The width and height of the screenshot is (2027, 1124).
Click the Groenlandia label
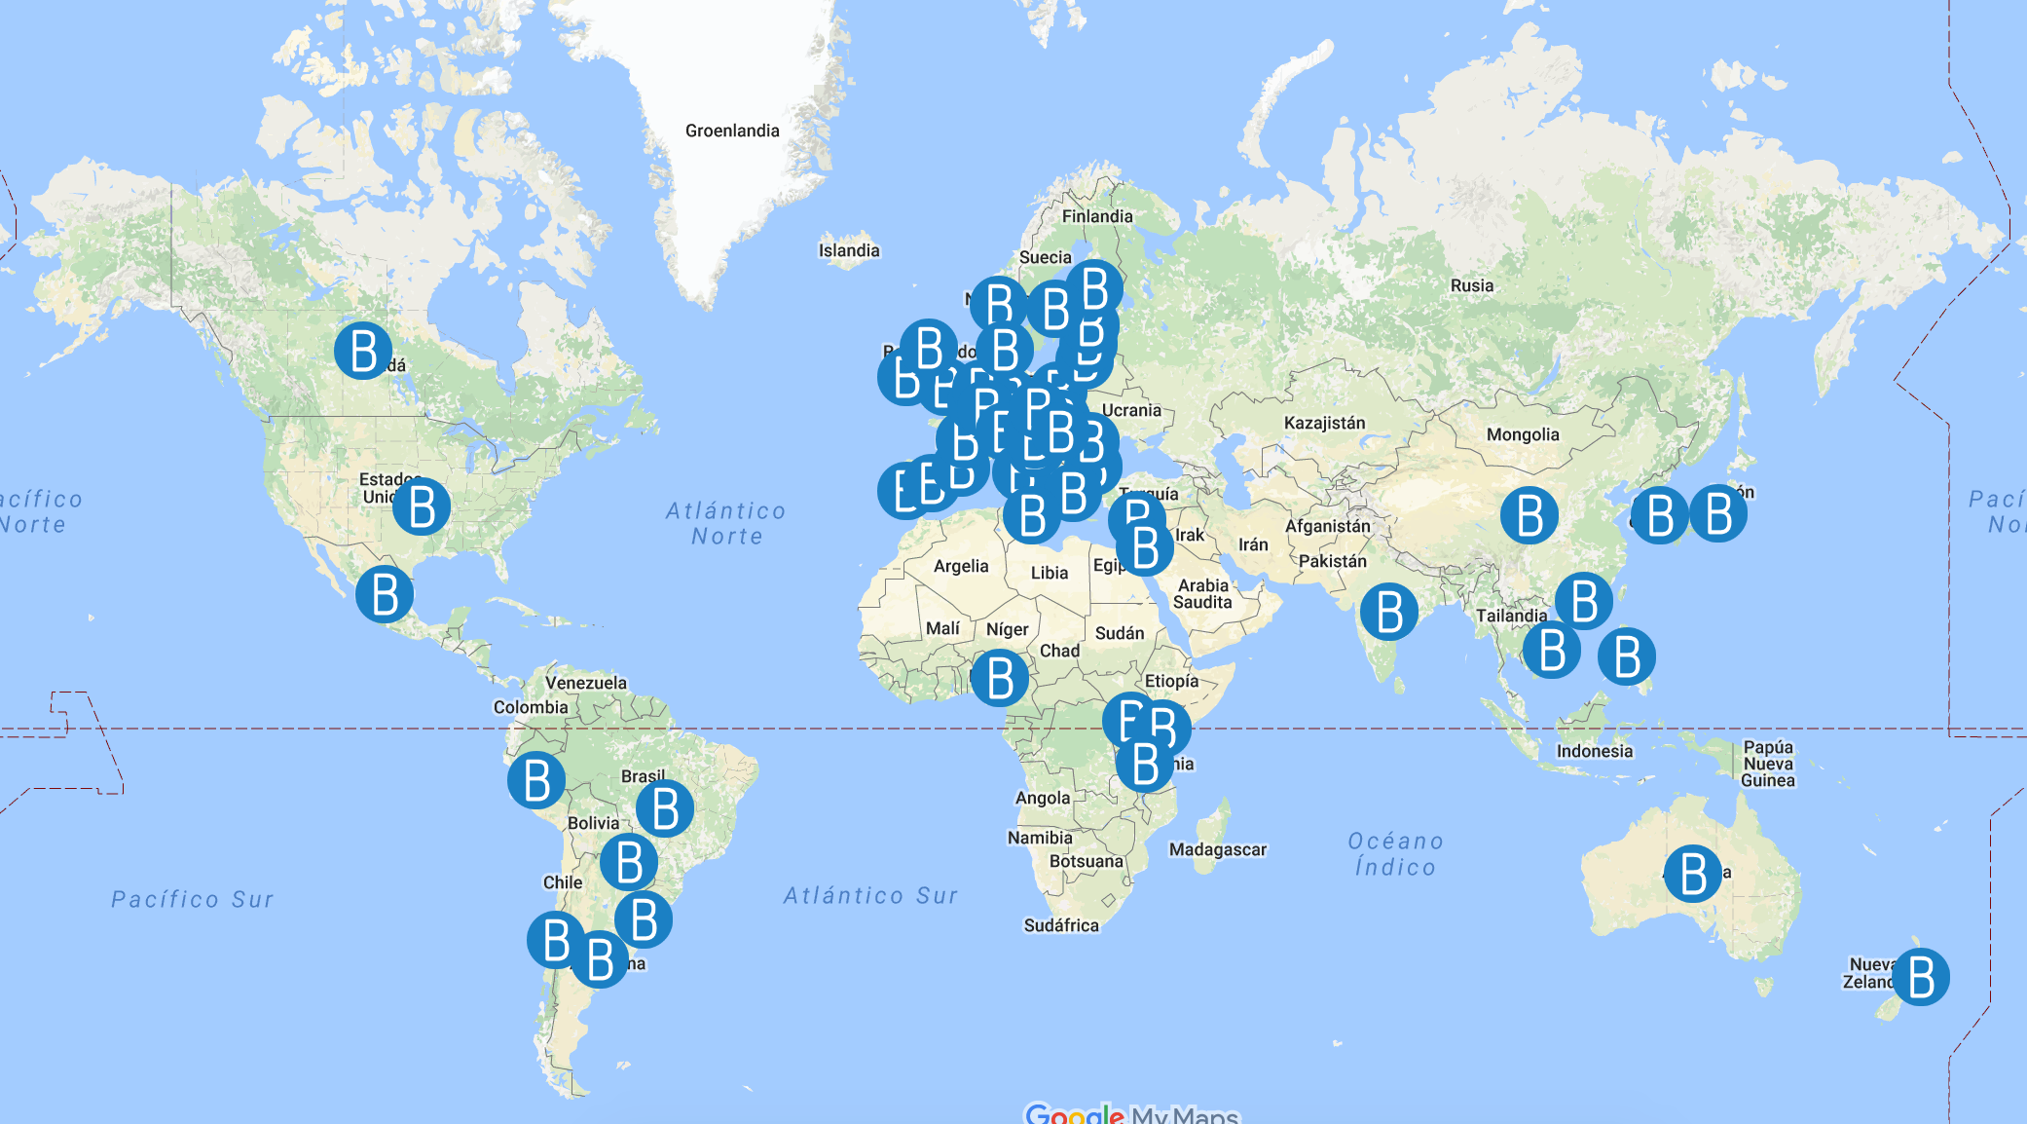tap(732, 131)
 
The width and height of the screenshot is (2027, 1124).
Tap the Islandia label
tap(849, 250)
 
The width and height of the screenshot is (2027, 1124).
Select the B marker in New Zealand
tap(1921, 977)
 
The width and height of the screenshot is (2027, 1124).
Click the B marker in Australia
tap(1693, 873)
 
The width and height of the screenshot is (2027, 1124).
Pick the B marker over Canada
tap(363, 351)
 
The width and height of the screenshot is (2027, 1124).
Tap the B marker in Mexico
tap(385, 594)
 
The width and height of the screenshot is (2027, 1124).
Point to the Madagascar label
tap(1218, 849)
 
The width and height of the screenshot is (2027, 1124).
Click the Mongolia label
tap(1523, 434)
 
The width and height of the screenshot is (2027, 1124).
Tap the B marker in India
tap(1389, 612)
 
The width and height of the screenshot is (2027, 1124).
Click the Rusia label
tap(1472, 285)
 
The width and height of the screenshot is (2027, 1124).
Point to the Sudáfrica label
tap(1061, 925)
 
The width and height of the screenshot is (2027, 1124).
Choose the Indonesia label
tap(1595, 751)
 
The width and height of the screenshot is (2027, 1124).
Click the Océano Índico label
tap(1395, 854)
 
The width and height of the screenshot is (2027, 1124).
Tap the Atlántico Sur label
tap(871, 895)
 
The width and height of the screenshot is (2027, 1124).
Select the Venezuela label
tap(586, 683)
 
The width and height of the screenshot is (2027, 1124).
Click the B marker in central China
tap(1529, 515)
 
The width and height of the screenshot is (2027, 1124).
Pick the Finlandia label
tap(1097, 216)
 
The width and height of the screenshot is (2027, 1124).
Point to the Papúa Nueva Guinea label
tap(1768, 764)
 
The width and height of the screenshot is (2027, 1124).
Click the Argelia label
tap(961, 566)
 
